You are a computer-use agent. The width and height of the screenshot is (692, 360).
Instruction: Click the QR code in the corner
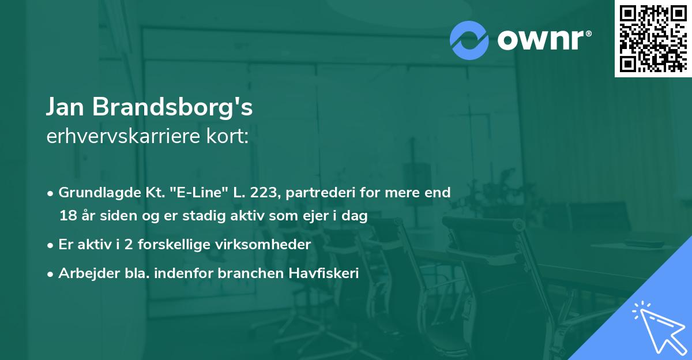653,38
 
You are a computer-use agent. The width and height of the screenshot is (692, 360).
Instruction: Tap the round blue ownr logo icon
469,40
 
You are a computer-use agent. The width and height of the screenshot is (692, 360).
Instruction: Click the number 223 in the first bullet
265,193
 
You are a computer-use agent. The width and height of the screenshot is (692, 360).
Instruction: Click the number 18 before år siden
67,216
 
